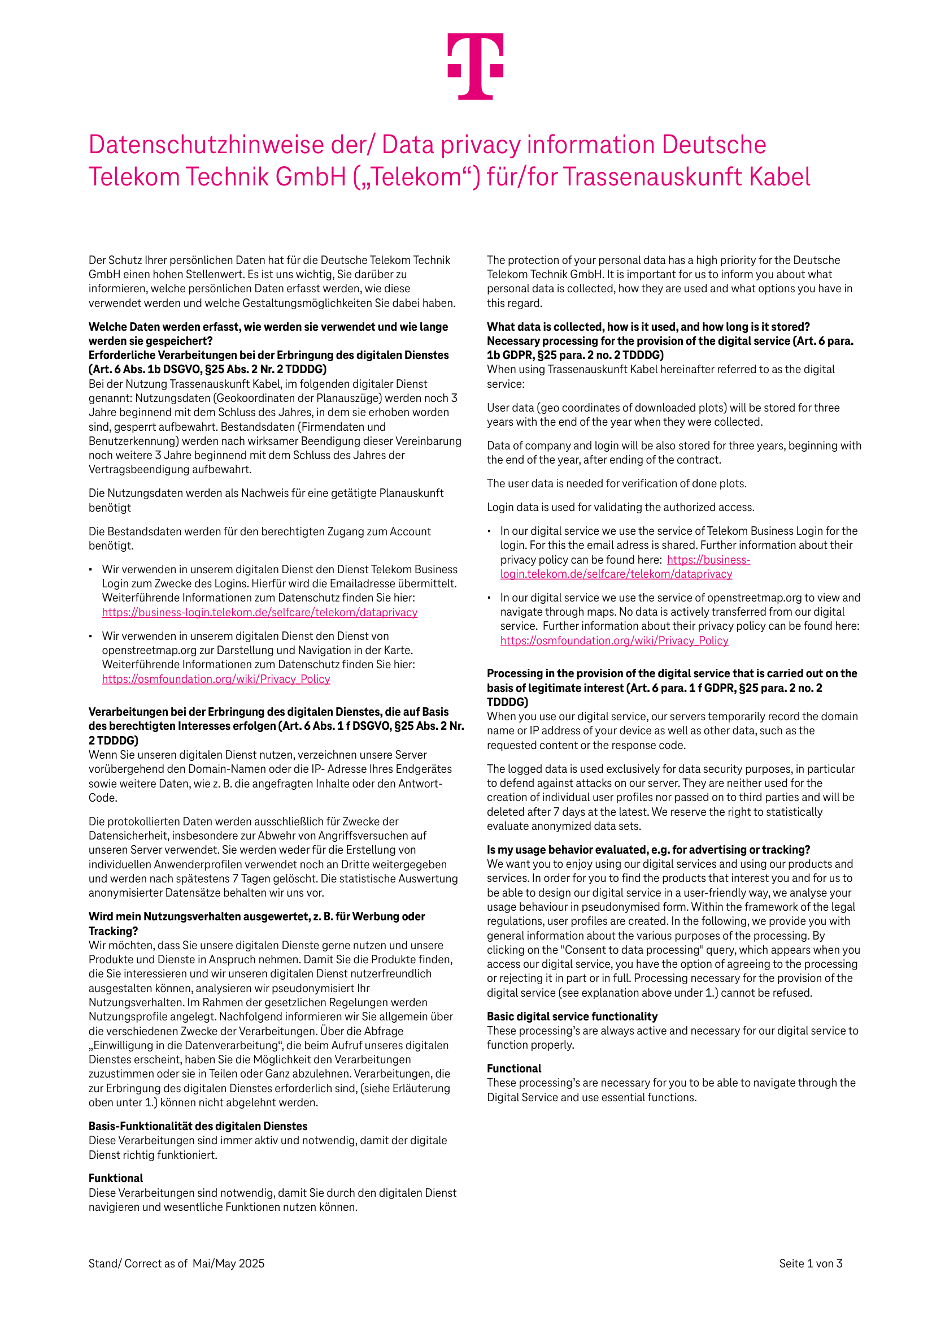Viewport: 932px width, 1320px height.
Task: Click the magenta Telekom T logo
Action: tap(475, 66)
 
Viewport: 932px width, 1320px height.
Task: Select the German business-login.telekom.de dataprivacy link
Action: tap(259, 612)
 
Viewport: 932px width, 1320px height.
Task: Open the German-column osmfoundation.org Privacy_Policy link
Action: tap(215, 679)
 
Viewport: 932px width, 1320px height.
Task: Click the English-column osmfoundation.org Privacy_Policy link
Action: tap(613, 640)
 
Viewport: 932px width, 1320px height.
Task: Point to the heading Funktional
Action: tap(115, 1178)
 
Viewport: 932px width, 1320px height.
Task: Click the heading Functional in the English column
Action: tap(513, 1068)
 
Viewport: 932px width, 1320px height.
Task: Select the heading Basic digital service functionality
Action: tap(572, 1016)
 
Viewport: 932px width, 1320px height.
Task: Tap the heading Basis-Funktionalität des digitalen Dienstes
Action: tap(198, 1126)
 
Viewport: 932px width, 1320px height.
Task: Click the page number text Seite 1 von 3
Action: tap(810, 1263)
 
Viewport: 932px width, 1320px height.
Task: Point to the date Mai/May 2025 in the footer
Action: tap(228, 1263)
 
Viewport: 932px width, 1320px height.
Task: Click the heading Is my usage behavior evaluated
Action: tap(648, 850)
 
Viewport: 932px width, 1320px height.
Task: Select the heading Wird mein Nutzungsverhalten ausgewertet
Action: tap(256, 916)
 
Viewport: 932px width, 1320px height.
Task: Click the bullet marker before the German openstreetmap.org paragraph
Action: tap(91, 637)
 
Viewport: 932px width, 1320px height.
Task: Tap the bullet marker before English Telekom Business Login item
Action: tap(489, 531)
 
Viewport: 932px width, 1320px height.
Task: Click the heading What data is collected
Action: tap(648, 327)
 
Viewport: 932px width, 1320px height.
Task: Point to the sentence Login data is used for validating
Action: tap(621, 507)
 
